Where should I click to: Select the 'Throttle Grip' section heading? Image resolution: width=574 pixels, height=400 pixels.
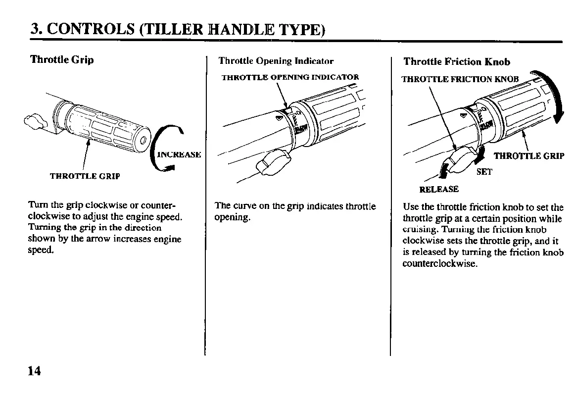(x=62, y=60)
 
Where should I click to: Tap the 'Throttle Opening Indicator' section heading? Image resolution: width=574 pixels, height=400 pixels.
(x=276, y=61)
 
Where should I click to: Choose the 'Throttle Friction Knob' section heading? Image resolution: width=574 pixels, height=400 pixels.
(x=457, y=61)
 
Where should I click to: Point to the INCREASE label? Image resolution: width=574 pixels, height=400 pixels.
(x=179, y=154)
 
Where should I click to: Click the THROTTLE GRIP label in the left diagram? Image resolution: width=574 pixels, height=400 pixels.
(x=85, y=176)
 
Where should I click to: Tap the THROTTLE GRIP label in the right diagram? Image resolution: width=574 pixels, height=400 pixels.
(x=529, y=156)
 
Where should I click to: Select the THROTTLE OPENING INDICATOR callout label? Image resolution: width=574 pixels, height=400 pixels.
(x=290, y=77)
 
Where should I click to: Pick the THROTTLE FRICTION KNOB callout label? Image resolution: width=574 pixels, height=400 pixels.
(x=460, y=79)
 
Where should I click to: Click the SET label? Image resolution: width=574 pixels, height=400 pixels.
(x=484, y=172)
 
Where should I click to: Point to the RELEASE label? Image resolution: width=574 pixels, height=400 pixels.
(x=439, y=189)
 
